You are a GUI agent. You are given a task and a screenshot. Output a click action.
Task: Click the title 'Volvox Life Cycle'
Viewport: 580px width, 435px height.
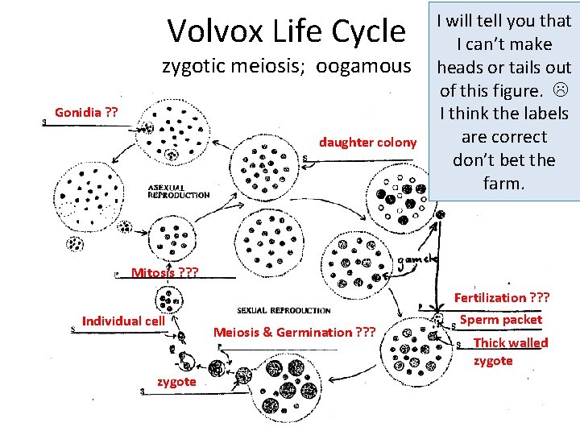tap(286, 31)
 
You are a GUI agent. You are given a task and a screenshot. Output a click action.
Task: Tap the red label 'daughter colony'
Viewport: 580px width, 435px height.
tap(368, 143)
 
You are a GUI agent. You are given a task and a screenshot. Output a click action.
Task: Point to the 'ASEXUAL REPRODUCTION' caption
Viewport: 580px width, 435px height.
tap(179, 191)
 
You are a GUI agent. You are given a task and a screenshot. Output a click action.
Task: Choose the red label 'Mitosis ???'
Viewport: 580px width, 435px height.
tap(164, 272)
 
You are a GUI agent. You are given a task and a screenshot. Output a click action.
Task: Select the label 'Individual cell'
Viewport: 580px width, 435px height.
tap(123, 321)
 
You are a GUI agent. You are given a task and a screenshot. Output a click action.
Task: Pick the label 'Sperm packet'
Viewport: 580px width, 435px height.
tap(501, 320)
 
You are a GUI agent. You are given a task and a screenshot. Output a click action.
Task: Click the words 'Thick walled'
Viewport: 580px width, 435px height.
tap(511, 343)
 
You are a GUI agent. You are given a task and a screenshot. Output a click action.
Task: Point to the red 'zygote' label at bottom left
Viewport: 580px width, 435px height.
tap(176, 382)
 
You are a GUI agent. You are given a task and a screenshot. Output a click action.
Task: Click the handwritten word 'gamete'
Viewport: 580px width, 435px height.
tap(416, 259)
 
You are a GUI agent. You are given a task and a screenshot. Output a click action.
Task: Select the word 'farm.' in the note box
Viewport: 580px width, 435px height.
tap(504, 184)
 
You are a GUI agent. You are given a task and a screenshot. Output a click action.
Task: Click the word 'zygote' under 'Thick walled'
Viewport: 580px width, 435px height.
tap(493, 361)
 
